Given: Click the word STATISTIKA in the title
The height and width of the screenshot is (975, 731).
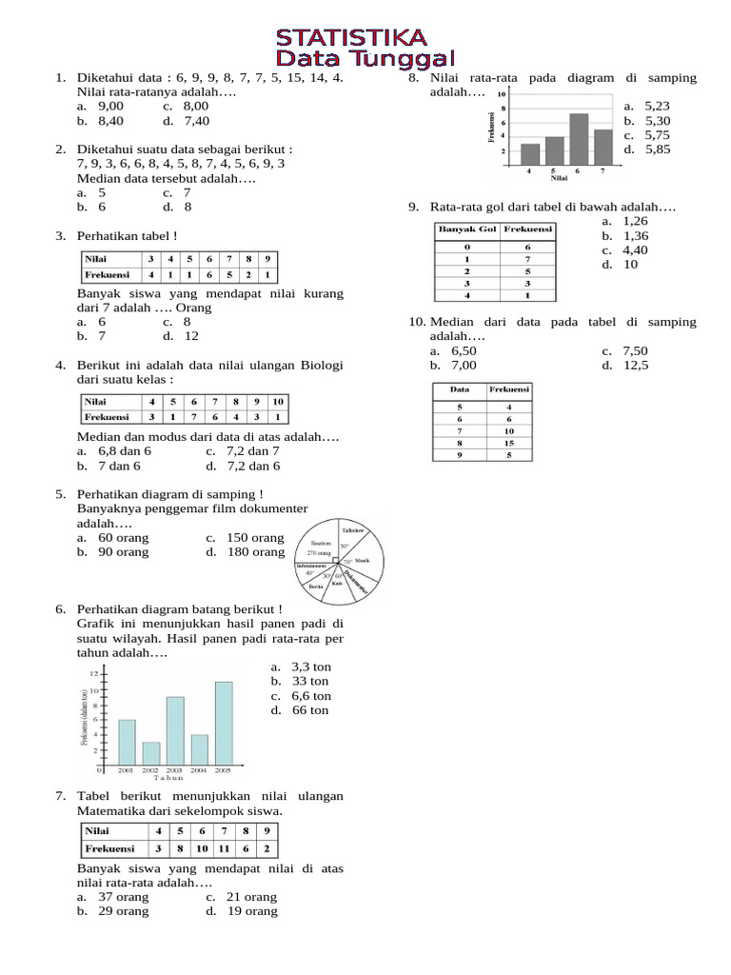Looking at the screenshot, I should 351,38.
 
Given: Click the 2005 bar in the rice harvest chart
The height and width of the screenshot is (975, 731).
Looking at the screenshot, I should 224,721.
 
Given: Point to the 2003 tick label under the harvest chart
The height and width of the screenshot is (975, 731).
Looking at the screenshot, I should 174,769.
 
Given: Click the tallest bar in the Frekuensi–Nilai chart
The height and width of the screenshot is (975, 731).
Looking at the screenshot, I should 579,139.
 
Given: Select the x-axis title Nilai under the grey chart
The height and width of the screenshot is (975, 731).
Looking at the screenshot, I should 560,177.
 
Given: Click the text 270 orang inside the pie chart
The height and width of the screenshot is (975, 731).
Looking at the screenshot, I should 318,553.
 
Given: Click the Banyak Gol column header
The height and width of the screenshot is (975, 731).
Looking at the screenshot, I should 466,229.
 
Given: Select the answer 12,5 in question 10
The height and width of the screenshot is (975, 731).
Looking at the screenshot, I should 636,365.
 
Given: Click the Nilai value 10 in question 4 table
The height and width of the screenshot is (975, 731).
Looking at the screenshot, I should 276,401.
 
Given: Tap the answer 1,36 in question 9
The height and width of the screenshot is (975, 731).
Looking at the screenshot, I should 635,235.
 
